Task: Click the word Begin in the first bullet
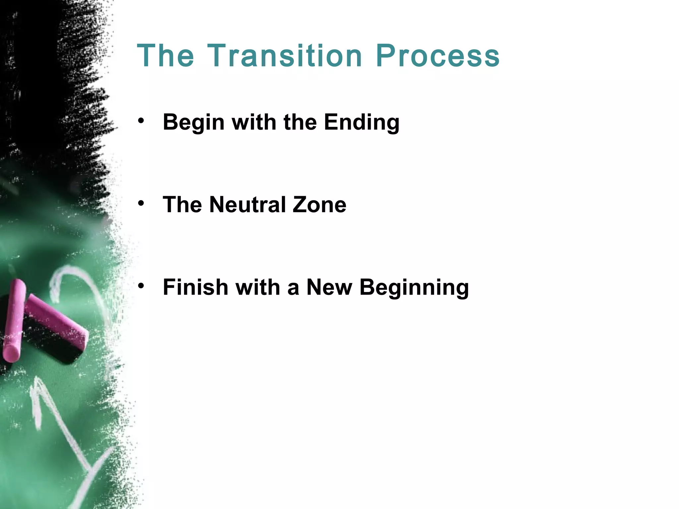(x=194, y=123)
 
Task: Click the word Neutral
(x=247, y=204)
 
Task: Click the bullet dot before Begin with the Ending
(x=141, y=121)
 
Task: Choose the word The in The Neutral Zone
(x=182, y=204)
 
